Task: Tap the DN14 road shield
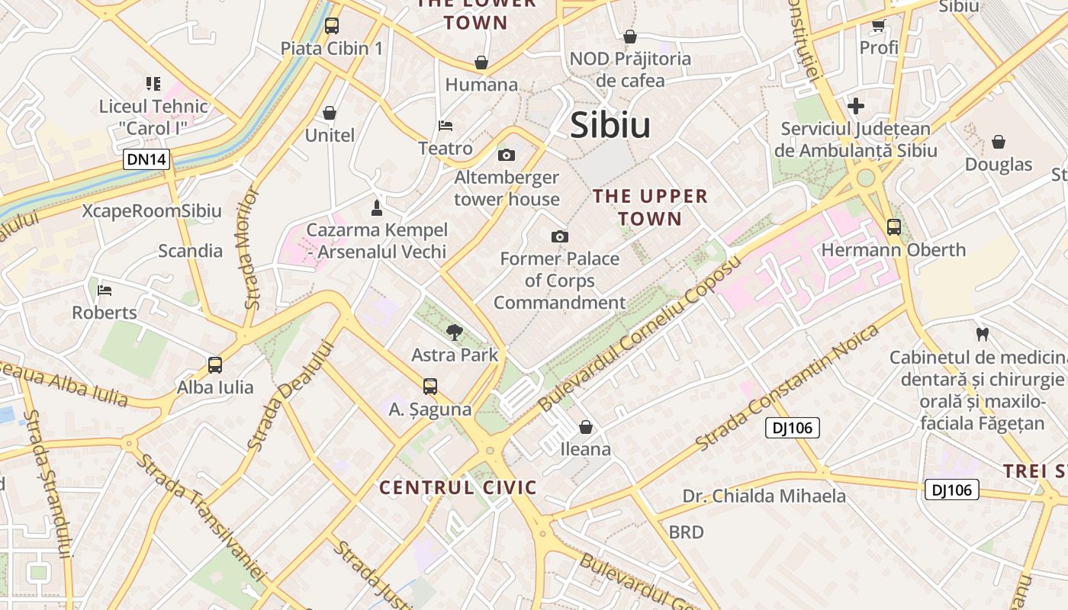146,160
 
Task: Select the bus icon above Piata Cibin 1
331,26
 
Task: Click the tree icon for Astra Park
455,332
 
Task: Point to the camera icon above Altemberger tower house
506,156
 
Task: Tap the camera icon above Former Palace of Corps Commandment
560,236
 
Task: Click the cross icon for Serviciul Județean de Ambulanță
856,106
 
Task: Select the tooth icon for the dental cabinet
983,334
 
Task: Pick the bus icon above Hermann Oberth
893,227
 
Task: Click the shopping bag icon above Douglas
998,142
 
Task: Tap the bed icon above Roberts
105,290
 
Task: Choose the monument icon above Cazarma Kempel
376,207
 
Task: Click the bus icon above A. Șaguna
430,387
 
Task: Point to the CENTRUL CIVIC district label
458,487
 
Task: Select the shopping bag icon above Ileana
586,427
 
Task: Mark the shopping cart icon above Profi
878,26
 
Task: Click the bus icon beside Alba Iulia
215,365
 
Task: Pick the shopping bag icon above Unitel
330,114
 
